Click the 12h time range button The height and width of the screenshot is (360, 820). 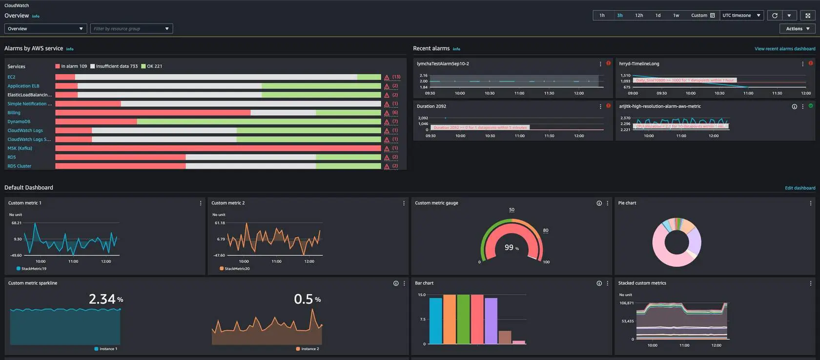click(x=639, y=16)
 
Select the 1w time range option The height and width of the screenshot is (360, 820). click(x=676, y=16)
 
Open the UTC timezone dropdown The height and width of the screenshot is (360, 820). click(x=741, y=16)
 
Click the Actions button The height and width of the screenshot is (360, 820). click(x=798, y=29)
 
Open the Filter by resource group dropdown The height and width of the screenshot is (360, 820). click(x=131, y=29)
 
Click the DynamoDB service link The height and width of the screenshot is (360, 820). click(x=19, y=121)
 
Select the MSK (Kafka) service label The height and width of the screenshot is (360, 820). click(x=20, y=148)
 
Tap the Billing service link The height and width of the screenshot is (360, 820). click(x=14, y=113)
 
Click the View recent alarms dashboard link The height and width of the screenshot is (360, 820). click(x=784, y=49)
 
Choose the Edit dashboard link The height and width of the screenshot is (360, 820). click(x=799, y=188)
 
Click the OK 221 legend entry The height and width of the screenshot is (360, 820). click(x=152, y=66)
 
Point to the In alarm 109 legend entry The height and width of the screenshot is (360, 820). click(x=71, y=66)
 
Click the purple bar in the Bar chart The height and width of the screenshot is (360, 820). click(x=491, y=320)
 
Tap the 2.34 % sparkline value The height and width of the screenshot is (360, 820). click(x=105, y=299)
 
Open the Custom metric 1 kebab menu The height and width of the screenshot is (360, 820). click(x=201, y=203)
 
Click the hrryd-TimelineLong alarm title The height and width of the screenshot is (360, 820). click(x=639, y=64)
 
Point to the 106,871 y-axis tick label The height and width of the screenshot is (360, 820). click(x=626, y=303)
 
